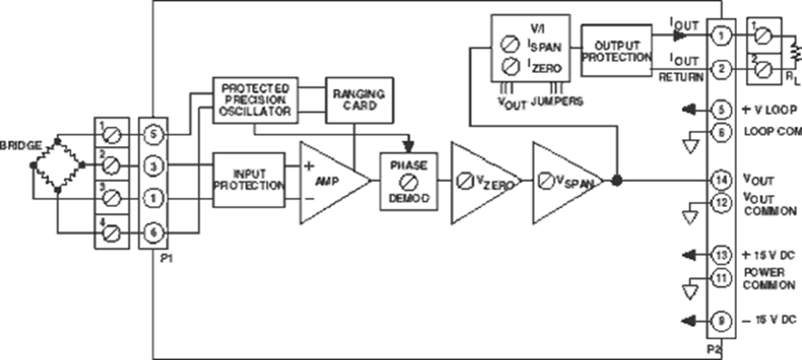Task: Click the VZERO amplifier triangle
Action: point(481,181)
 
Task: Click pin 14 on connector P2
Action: point(722,181)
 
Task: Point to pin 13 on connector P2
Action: point(722,257)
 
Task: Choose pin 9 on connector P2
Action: point(722,319)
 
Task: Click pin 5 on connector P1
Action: point(153,135)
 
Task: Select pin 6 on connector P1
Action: point(153,232)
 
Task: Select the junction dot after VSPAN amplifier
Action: point(618,181)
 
